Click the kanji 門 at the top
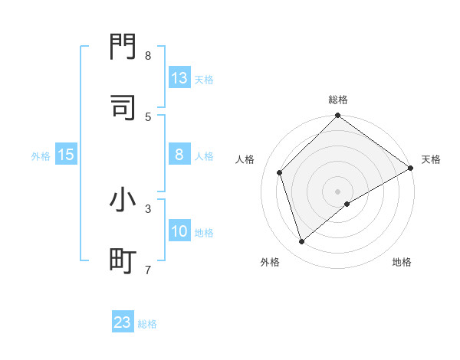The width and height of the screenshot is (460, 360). [123, 47]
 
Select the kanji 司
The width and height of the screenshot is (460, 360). [123, 107]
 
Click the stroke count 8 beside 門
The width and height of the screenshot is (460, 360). [148, 56]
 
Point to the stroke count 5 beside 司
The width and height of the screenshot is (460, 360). [148, 116]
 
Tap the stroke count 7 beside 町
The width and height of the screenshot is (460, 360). [148, 270]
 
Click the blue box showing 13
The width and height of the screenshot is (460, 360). [179, 78]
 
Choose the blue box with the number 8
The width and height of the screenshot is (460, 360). [179, 155]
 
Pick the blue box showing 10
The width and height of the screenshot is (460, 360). [179, 231]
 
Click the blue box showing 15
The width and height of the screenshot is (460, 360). [66, 155]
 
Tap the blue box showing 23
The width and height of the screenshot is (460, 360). [123, 322]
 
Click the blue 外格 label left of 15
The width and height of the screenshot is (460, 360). [41, 155]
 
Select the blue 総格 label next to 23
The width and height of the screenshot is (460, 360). [148, 323]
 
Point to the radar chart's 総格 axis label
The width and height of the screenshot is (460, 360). [338, 100]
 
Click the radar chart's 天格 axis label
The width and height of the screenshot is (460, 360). [431, 159]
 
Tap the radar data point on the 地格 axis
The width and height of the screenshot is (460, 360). [347, 204]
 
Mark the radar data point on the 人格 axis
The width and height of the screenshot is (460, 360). [280, 172]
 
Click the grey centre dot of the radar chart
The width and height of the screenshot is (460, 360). [338, 191]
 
